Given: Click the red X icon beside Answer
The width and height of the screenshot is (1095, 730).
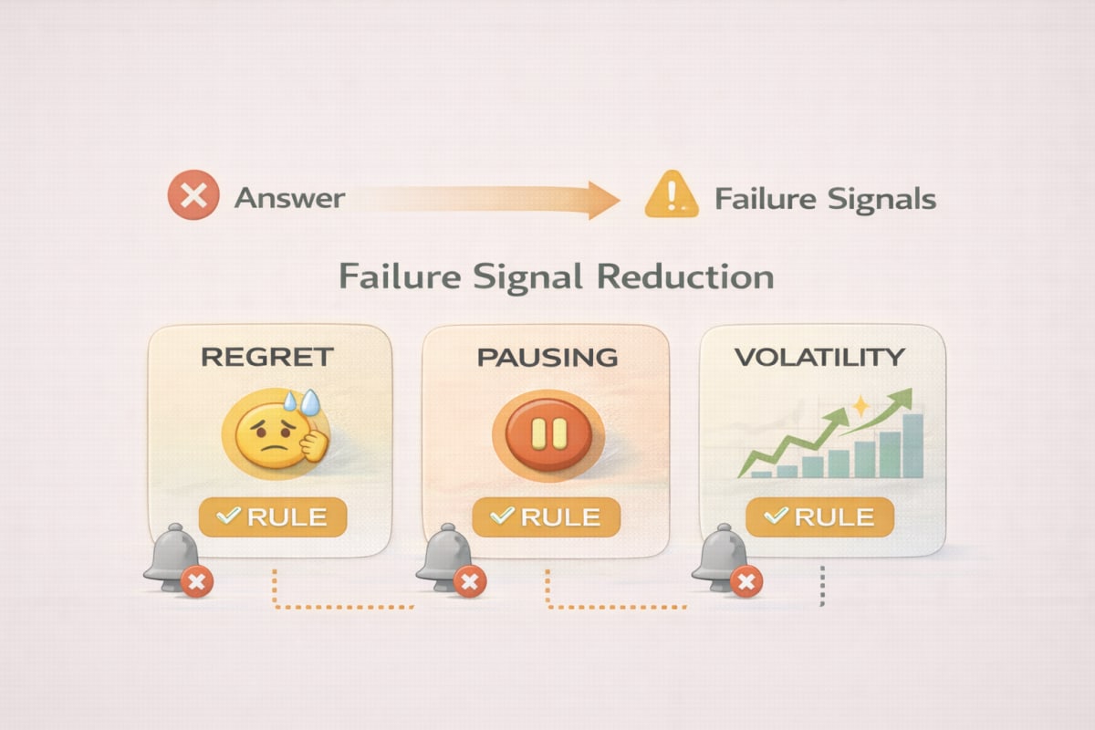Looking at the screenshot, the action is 193,194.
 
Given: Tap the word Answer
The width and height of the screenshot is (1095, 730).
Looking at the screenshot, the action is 290,198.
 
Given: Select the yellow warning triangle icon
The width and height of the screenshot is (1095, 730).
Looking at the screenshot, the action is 672,193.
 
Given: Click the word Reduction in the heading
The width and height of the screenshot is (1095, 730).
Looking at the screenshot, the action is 685,276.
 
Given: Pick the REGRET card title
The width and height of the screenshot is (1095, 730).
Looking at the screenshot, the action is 267,357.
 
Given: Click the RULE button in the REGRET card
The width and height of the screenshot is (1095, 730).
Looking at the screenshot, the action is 273,516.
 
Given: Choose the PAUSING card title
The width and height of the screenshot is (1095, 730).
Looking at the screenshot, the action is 547,358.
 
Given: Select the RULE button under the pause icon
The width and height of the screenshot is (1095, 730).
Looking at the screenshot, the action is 546,516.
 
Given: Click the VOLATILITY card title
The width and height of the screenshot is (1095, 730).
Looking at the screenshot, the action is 819,357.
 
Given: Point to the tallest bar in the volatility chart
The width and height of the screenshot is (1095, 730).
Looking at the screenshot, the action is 912,446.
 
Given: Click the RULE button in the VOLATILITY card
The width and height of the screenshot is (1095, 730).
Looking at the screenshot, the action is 819,516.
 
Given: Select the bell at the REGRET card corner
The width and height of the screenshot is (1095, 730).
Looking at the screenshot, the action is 172,557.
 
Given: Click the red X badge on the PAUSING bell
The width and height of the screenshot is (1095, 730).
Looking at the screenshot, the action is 470,582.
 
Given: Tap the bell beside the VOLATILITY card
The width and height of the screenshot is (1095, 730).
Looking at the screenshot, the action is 721,557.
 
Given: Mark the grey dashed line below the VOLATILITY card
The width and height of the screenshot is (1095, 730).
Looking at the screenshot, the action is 822,586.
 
